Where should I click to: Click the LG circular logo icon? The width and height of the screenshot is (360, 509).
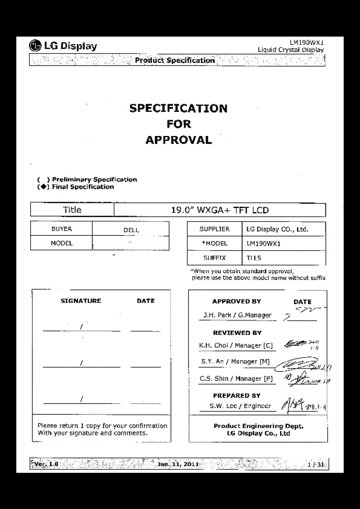pos(35,46)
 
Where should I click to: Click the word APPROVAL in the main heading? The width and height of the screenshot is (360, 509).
pos(178,140)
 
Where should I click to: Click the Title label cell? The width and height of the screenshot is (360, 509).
pos(72,210)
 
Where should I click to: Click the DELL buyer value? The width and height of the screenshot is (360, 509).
pos(131,230)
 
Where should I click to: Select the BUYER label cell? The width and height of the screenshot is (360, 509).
pos(62,229)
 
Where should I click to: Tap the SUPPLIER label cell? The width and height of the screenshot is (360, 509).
pos(214,229)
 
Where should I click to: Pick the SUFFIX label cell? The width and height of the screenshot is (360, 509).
pos(215,258)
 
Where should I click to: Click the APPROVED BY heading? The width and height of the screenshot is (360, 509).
pos(236,301)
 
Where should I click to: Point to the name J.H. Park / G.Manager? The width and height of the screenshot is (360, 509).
pos(237,315)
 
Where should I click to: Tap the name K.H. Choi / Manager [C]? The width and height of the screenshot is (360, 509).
pos(236,346)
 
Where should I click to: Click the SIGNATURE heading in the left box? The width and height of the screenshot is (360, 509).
pos(81,301)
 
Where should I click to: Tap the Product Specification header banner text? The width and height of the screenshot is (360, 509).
pos(175,60)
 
